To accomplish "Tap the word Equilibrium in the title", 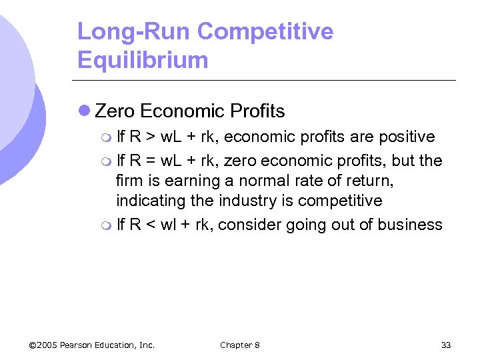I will pyautogui.click(x=143, y=60).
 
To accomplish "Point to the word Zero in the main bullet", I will pyautogui.click(x=115, y=111).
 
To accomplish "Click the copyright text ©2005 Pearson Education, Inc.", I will pyautogui.click(x=92, y=345).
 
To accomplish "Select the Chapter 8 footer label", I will pyautogui.click(x=240, y=345).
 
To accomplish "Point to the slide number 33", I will pyautogui.click(x=446, y=345).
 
